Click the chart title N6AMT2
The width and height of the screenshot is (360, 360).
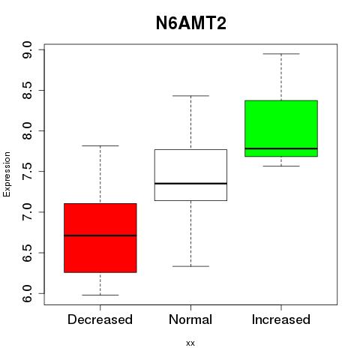click(191, 23)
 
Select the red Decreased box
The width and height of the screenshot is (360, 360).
click(100, 238)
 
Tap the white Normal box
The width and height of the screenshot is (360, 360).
click(190, 175)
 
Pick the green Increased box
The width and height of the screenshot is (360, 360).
click(281, 128)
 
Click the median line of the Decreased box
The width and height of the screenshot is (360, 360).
click(100, 235)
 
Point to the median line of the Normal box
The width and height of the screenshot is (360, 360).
click(190, 184)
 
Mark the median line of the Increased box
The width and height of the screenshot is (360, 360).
click(281, 148)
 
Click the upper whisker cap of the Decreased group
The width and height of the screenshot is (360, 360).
click(100, 145)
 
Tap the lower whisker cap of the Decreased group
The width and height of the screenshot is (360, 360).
click(100, 295)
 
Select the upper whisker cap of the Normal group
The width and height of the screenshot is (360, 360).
click(190, 96)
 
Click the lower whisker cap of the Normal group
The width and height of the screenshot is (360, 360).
click(190, 266)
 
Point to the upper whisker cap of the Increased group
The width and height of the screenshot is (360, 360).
click(281, 54)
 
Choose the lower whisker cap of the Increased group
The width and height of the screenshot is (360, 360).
click(281, 166)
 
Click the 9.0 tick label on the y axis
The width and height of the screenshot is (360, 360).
click(27, 50)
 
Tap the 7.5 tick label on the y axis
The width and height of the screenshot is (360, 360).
click(27, 172)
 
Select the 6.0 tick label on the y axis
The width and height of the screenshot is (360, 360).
click(27, 293)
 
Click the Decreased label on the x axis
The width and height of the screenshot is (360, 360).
click(100, 319)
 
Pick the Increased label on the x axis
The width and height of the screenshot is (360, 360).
click(281, 319)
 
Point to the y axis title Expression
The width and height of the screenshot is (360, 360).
click(7, 174)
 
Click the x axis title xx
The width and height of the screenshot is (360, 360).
click(190, 343)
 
